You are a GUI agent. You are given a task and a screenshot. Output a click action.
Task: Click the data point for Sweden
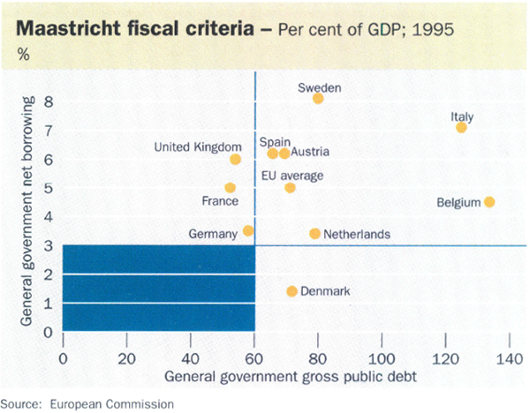[318, 99]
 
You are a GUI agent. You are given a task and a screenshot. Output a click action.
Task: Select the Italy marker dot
[461, 128]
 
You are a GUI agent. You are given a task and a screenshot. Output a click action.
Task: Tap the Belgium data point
[489, 202]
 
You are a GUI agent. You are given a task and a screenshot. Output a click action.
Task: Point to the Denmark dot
[292, 291]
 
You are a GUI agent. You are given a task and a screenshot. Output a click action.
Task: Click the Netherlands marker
[314, 234]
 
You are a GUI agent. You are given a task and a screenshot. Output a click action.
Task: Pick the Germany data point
[248, 231]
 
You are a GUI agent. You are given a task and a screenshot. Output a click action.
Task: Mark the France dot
[231, 188]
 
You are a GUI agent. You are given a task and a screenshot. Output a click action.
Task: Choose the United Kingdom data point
[235, 160]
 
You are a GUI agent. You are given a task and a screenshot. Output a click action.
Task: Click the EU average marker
[290, 188]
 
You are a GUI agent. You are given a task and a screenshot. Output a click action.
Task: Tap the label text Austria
[312, 152]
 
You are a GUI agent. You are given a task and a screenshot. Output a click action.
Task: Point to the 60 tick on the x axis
[254, 359]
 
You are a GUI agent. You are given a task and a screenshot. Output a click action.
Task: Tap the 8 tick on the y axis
[49, 101]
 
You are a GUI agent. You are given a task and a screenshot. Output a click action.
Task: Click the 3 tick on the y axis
[49, 245]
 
